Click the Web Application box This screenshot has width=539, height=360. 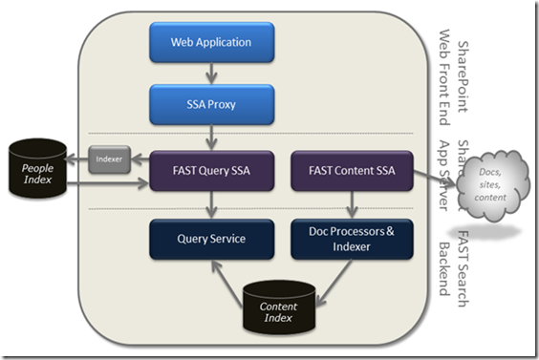(211, 42)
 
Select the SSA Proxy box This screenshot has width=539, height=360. (211, 103)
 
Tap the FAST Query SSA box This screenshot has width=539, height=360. (211, 172)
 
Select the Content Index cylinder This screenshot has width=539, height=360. (279, 307)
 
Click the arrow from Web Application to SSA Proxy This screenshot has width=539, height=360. (211, 73)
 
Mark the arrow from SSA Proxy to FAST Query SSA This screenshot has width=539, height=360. (211, 136)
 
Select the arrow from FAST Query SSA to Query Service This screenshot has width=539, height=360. (211, 205)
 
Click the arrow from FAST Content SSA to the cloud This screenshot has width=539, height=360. (429, 174)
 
